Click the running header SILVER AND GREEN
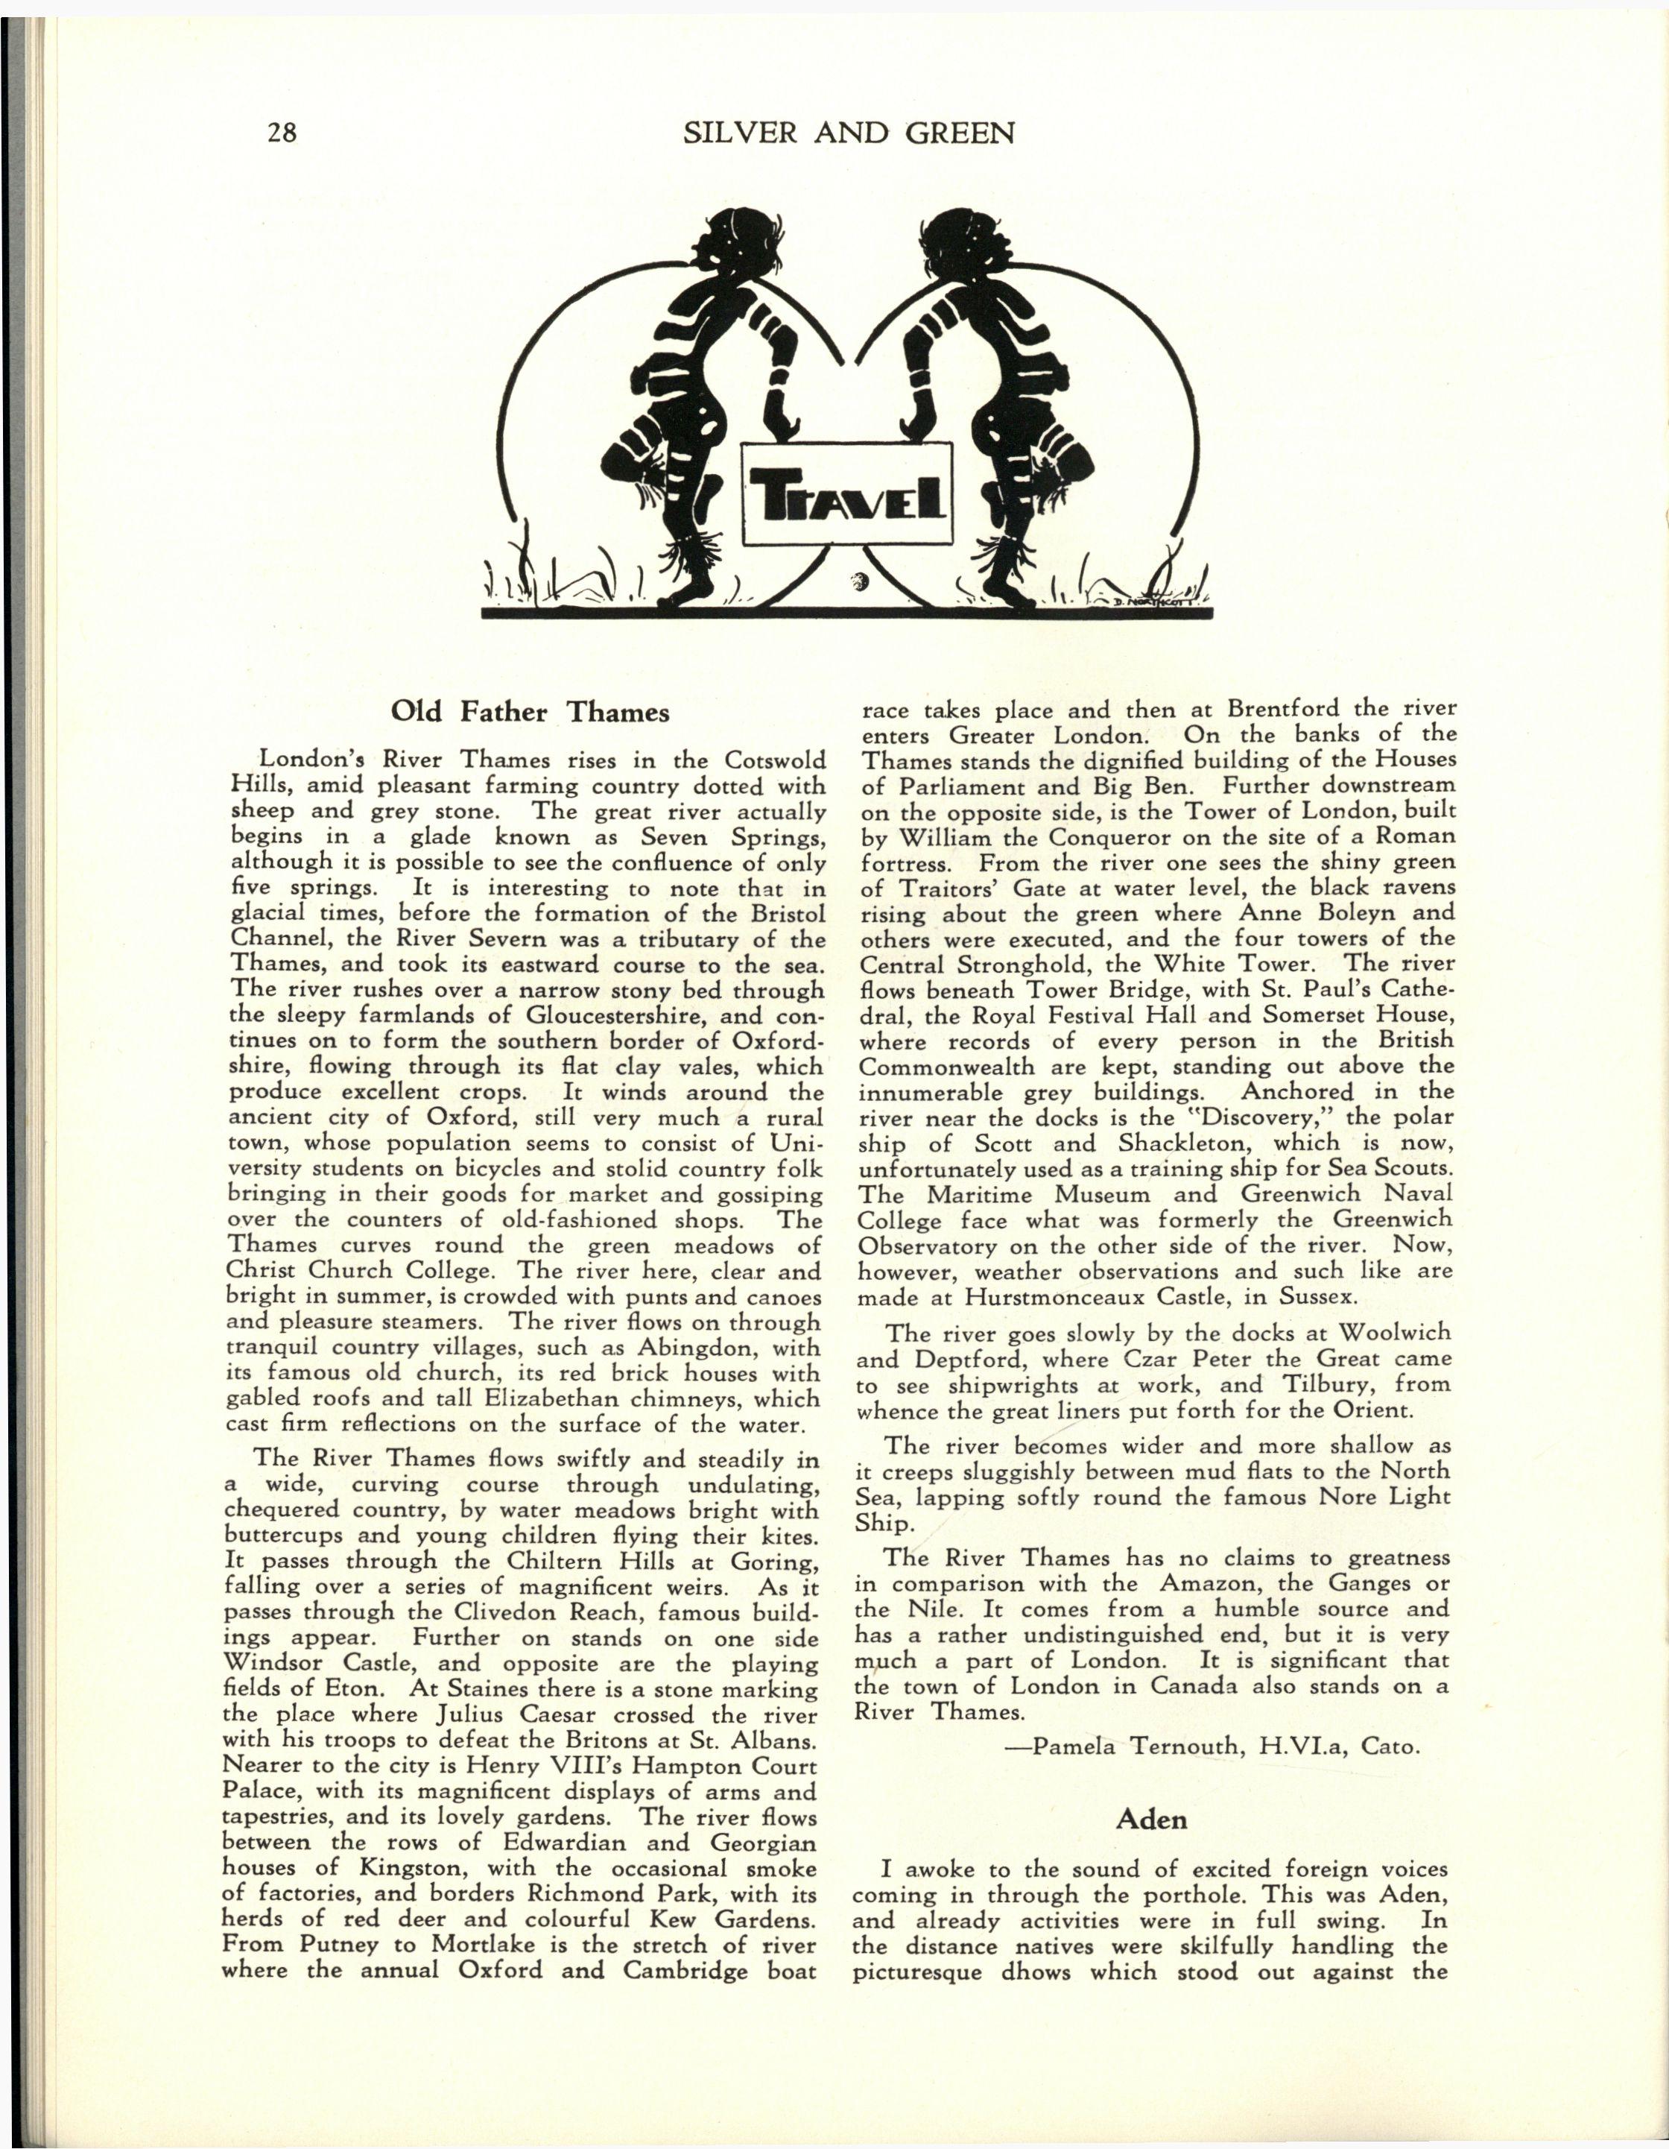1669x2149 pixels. [848, 133]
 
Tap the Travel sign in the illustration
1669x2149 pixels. [846, 494]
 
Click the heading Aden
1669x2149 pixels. [1152, 1820]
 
